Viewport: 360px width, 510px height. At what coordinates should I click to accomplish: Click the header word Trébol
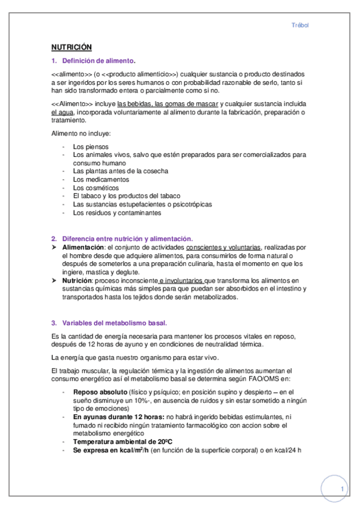tap(299, 25)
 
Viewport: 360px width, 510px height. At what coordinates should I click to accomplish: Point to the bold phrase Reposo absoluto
tap(96, 392)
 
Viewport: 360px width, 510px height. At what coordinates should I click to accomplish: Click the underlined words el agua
tap(61, 112)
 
